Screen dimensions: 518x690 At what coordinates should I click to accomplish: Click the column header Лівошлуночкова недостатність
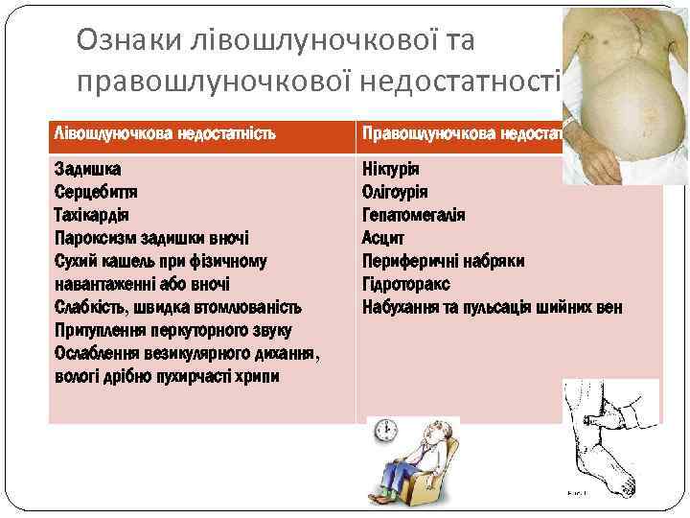[165, 132]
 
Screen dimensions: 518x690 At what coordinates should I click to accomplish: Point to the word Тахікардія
[92, 215]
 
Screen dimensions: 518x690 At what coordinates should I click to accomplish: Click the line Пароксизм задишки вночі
[152, 238]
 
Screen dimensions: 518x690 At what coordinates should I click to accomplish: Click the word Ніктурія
[391, 169]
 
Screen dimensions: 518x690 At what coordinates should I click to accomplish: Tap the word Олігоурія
[395, 192]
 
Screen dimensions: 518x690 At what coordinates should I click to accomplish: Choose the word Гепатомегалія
[413, 215]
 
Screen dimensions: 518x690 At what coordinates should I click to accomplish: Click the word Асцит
[383, 238]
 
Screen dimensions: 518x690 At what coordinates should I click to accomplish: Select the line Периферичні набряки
[443, 261]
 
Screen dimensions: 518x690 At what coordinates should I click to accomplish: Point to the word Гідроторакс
[405, 285]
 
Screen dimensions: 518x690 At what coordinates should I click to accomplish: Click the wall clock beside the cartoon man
[386, 430]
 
